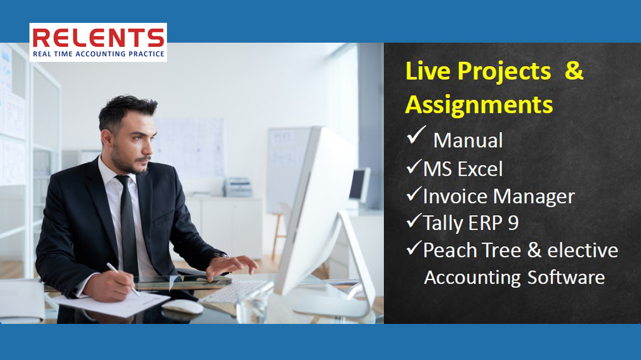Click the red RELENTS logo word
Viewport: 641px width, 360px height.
(x=98, y=38)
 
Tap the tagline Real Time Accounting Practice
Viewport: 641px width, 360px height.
(x=99, y=54)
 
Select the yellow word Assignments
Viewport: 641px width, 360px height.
(x=479, y=105)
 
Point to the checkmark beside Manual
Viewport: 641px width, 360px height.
(x=416, y=135)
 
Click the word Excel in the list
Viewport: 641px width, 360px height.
(x=480, y=169)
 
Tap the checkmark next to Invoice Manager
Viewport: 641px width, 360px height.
(x=414, y=194)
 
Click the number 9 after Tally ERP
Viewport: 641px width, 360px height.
(x=513, y=223)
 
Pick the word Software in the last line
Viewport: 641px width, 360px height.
(x=566, y=278)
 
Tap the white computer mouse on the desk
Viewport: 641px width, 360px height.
(x=182, y=307)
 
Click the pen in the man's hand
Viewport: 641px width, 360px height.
(x=123, y=279)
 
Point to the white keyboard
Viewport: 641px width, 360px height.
(x=236, y=291)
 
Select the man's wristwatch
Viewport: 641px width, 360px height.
(x=220, y=255)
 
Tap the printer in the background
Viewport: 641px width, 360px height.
(x=238, y=188)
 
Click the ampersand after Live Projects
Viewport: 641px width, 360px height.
(x=574, y=70)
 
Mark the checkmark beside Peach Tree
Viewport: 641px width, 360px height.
(x=414, y=248)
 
